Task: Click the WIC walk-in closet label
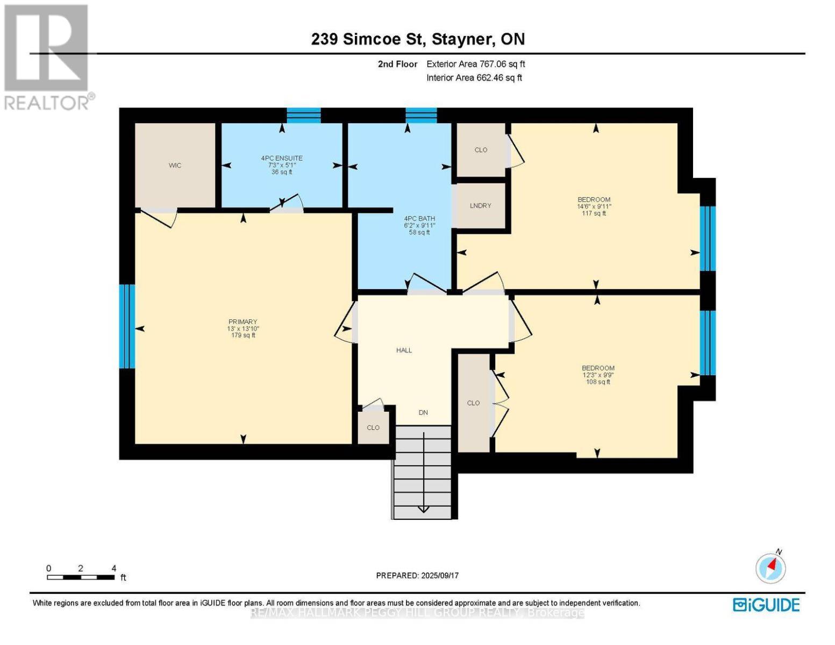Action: tap(175, 166)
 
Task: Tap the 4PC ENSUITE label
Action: tap(282, 158)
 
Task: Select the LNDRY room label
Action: tap(480, 206)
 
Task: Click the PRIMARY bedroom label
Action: tap(242, 322)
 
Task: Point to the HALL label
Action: tap(404, 350)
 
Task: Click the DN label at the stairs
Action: tap(423, 413)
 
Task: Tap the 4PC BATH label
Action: tap(419, 219)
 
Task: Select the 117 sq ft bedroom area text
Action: tap(594, 213)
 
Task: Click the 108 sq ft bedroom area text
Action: tap(598, 382)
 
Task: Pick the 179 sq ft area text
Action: tap(243, 335)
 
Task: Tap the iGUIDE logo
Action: tap(766, 605)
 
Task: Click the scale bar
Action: tap(81, 577)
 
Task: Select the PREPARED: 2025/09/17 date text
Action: tap(417, 576)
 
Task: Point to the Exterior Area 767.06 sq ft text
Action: tap(475, 64)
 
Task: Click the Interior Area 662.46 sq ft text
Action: tap(474, 78)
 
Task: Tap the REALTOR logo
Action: tap(47, 56)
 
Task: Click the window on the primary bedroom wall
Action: tap(127, 326)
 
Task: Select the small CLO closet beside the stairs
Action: tap(373, 428)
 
